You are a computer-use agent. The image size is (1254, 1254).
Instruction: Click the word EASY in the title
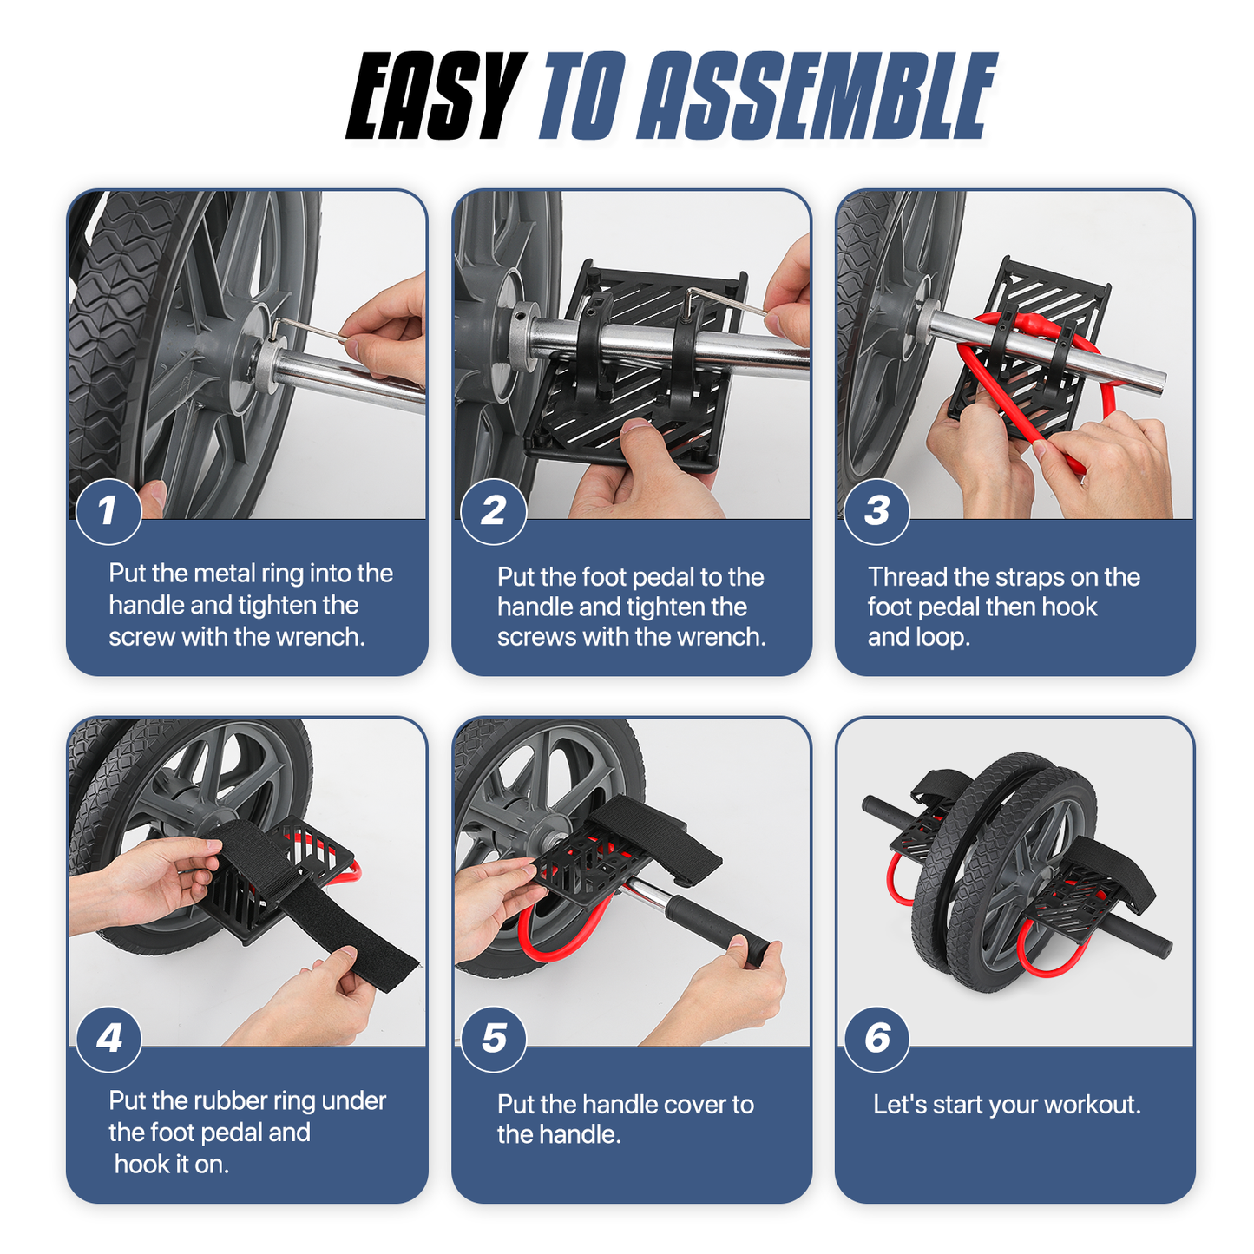pos(436,95)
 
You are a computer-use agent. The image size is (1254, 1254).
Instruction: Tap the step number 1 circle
pos(108,511)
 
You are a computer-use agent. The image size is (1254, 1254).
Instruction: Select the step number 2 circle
pos(493,511)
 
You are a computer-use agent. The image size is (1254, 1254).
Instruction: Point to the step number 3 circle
pos(876,511)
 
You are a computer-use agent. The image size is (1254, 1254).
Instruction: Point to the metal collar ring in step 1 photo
pos(266,364)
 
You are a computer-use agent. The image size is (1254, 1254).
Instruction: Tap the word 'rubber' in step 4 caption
pos(227,1100)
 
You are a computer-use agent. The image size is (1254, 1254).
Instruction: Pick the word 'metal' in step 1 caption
pos(223,574)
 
